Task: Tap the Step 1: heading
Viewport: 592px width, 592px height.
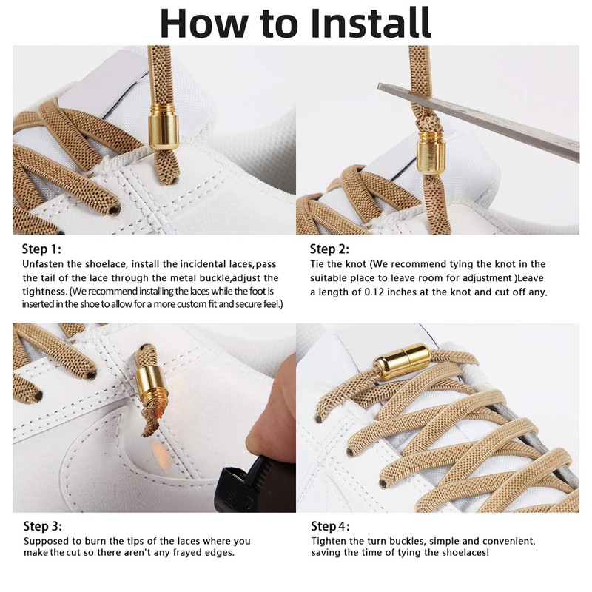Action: (42, 249)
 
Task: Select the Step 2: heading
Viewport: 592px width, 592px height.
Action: (329, 249)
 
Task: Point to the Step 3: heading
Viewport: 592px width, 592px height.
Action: (42, 527)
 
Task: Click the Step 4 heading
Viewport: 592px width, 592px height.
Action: (329, 527)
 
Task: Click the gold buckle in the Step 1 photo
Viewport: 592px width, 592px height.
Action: (164, 129)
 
